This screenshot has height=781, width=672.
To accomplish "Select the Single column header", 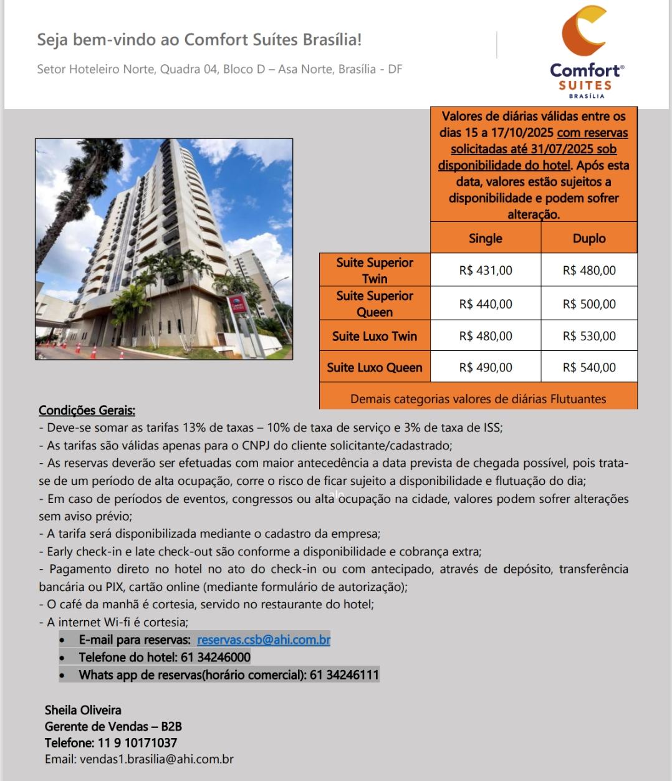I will (x=485, y=238).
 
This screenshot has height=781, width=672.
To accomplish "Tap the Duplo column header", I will (x=588, y=238).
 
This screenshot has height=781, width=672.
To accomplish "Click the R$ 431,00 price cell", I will (x=485, y=271).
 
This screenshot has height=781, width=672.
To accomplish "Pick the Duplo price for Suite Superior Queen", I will (x=588, y=304).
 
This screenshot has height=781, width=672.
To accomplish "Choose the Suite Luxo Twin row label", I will (x=374, y=337).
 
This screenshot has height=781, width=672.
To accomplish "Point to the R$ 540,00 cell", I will (x=588, y=368).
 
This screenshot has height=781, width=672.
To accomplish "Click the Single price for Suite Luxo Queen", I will (x=485, y=368).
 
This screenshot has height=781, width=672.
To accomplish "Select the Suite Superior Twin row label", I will (x=374, y=271).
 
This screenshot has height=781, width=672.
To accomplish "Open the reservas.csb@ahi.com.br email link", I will (x=264, y=640).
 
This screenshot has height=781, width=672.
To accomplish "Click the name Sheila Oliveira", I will (x=83, y=710).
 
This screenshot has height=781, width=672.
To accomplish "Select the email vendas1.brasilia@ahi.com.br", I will (x=156, y=759).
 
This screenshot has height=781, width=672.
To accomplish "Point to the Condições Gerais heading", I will (x=87, y=410).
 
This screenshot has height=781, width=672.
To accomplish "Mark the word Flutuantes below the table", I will (x=578, y=399).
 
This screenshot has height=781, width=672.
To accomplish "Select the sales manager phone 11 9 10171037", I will (x=137, y=743).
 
